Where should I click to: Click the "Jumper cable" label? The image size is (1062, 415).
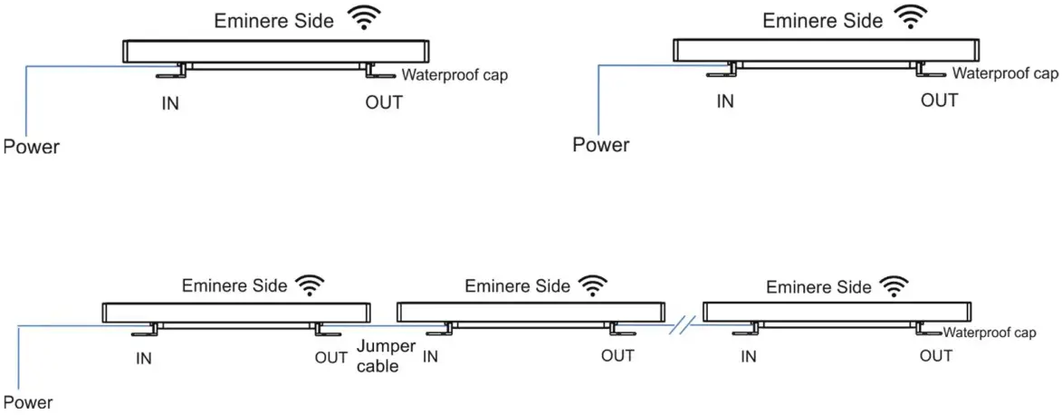385,356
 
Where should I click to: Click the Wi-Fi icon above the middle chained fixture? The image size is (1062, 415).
593,286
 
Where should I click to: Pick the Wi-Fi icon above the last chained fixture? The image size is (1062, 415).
895,287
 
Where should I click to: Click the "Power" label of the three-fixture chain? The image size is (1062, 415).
28,401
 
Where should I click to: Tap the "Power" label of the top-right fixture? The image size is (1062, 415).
600,145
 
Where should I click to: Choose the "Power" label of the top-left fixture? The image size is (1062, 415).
31,147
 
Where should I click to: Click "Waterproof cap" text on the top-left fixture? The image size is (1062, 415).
454,76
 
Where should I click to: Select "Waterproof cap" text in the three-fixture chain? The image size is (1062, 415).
989,333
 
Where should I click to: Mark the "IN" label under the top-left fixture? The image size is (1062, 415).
169,103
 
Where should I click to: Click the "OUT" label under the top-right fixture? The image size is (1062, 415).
939,101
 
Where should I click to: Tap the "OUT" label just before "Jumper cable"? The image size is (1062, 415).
331,357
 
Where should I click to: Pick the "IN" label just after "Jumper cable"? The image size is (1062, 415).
430,357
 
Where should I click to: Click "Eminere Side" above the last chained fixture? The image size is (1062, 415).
818,287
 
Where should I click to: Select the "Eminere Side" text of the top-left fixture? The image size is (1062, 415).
274,21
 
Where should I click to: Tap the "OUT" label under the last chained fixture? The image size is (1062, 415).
935,356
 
